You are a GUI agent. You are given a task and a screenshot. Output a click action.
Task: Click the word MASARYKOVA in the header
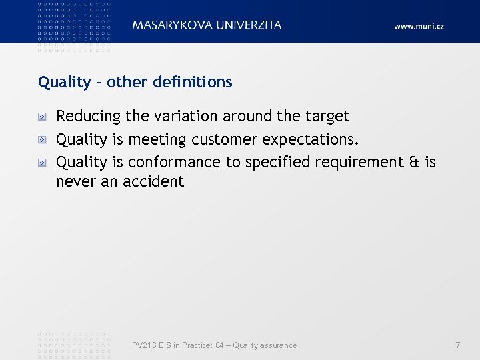(173, 25)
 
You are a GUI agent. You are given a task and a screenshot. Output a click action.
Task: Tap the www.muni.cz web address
(419, 26)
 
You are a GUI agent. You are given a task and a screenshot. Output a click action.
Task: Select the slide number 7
(457, 345)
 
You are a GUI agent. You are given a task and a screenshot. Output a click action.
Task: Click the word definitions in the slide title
(193, 82)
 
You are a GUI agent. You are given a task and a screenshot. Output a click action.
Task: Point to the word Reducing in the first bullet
(89, 117)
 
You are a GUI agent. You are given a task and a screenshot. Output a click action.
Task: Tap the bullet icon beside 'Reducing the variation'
(41, 117)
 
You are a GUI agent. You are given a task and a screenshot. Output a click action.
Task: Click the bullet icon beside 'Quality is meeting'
(41, 139)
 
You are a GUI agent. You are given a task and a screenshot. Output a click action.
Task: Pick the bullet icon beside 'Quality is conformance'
(41, 162)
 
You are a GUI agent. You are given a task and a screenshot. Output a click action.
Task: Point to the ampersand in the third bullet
(411, 161)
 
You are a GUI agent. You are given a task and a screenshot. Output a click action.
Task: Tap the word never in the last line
(76, 181)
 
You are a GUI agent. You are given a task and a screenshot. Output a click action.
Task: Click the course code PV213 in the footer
(144, 345)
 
